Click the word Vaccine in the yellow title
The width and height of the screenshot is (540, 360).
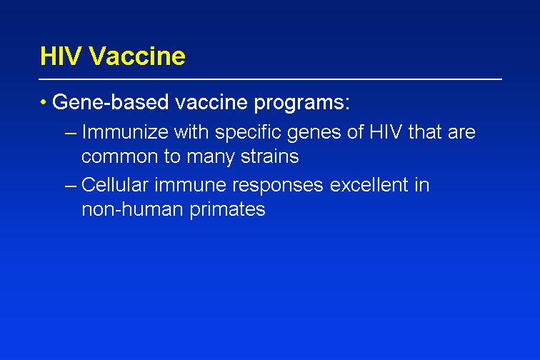click(x=137, y=56)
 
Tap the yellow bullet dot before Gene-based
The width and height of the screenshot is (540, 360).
click(x=43, y=102)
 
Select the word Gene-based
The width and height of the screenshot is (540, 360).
click(x=110, y=102)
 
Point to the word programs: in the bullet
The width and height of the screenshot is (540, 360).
click(x=301, y=104)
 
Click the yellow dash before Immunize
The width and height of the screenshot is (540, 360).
click(x=70, y=134)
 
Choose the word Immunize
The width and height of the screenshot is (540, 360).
click(x=125, y=132)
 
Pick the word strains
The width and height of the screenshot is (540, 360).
click(x=270, y=156)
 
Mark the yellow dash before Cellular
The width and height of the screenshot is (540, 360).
click(x=70, y=186)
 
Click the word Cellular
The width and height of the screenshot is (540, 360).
click(x=115, y=185)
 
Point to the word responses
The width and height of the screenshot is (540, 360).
click(x=278, y=186)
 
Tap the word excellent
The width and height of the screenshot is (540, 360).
click(x=369, y=185)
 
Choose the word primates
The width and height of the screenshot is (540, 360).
click(x=227, y=210)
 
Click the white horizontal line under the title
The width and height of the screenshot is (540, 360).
click(x=270, y=79)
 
